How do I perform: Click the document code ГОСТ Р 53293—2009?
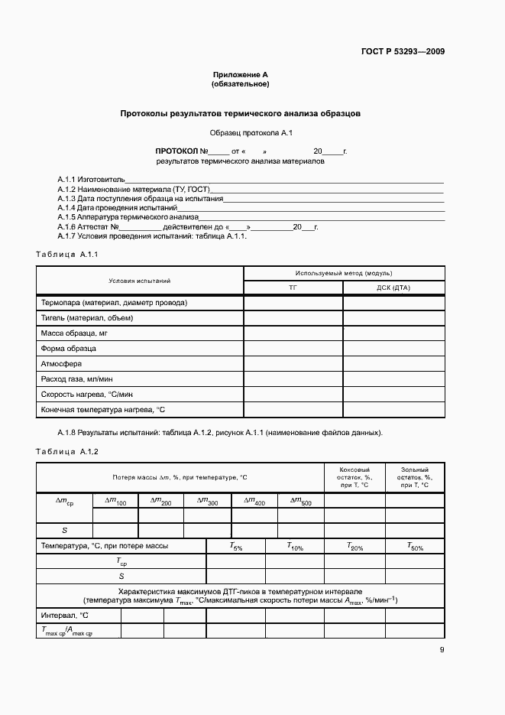[x=403, y=52]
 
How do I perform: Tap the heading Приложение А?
[x=241, y=75]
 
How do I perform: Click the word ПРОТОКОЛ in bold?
[x=176, y=151]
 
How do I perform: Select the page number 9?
[x=442, y=650]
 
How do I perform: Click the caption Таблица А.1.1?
[x=67, y=254]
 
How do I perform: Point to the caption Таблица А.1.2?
[x=67, y=452]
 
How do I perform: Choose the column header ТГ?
[x=293, y=288]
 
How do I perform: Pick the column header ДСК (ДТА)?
[x=393, y=288]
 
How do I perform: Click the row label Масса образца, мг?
[x=74, y=333]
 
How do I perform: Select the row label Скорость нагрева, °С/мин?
[x=86, y=395]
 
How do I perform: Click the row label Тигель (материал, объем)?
[x=86, y=318]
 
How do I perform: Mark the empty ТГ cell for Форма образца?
[x=293, y=349]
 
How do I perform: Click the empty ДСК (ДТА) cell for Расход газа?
[x=393, y=379]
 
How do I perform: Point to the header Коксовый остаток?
[x=354, y=477]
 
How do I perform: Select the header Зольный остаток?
[x=414, y=477]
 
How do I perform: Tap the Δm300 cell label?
[x=207, y=501]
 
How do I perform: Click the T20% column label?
[x=354, y=547]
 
